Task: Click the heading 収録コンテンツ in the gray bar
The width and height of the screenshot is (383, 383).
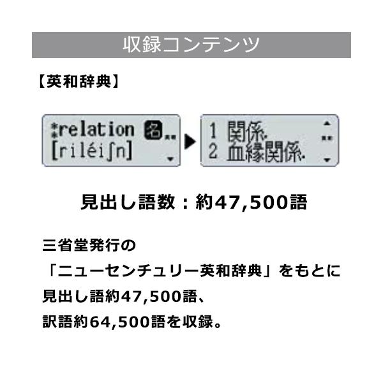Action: [x=191, y=45]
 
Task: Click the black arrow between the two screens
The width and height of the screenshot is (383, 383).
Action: [x=190, y=142]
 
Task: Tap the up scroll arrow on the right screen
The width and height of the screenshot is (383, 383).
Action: [x=327, y=123]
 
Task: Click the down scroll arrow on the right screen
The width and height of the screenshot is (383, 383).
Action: [x=327, y=160]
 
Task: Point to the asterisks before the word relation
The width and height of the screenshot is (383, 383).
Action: [x=53, y=130]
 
